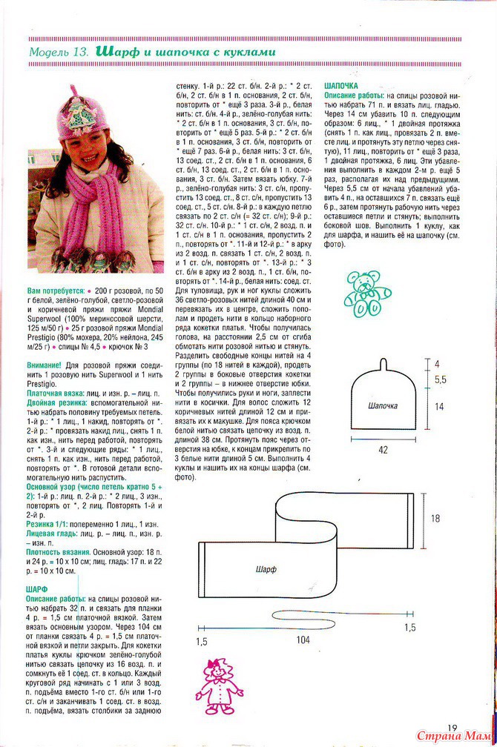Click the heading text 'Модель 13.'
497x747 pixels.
[x=59, y=53]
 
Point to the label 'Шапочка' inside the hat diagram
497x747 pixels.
[x=383, y=405]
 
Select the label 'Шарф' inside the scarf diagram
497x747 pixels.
[x=266, y=569]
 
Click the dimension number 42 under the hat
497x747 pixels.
[x=382, y=449]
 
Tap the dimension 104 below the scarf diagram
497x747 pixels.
[x=302, y=640]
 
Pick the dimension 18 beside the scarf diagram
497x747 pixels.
[x=435, y=519]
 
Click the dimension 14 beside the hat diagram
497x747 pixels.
[x=439, y=406]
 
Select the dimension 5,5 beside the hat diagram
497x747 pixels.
[x=440, y=379]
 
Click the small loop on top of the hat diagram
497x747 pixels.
[x=383, y=362]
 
